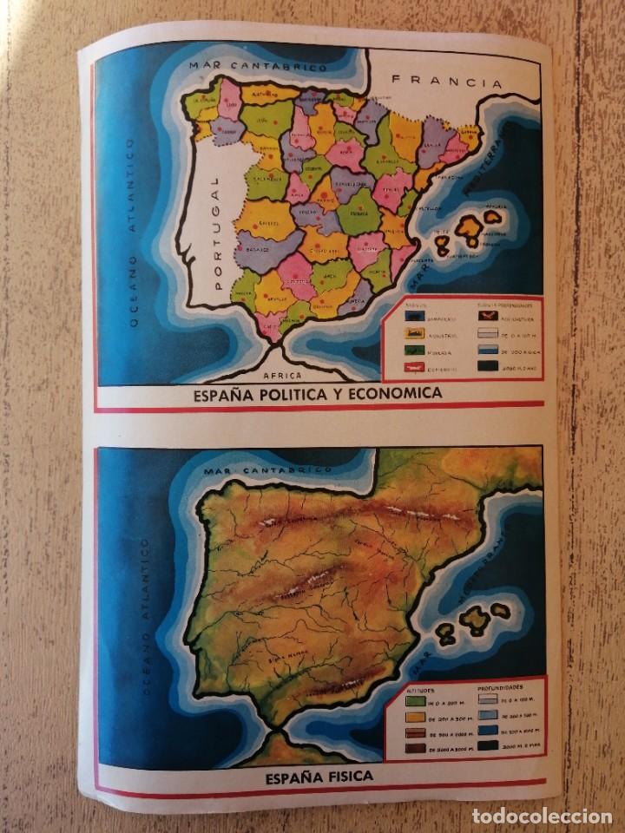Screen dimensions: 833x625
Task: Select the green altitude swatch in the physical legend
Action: pyautogui.click(x=415, y=701)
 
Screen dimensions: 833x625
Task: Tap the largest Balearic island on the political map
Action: pyautogui.click(x=470, y=226)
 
